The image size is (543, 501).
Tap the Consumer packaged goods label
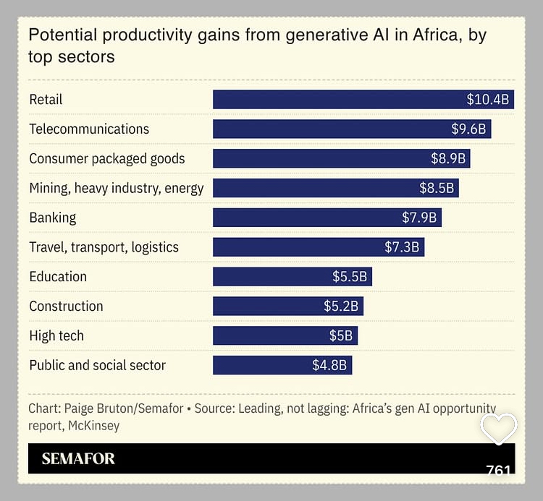pos(107,158)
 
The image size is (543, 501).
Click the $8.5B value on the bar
pos(437,188)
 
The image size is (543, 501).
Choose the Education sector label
pos(58,276)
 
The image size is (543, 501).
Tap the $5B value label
pos(340,335)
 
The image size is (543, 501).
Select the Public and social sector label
pos(98,365)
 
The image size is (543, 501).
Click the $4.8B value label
pos(329,365)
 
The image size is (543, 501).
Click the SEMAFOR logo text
pos(78,458)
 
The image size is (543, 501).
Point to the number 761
pos(498,471)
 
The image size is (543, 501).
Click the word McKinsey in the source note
pos(94,425)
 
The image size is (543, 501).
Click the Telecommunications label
pos(89,129)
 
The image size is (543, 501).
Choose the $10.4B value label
pos(487,99)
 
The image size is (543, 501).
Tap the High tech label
pos(56,335)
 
